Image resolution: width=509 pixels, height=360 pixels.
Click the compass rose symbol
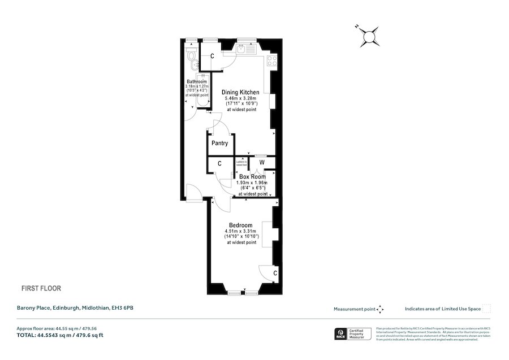pos(369,37)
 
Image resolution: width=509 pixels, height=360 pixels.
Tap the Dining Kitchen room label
pos(240,92)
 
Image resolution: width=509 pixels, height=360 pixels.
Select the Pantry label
pos(219,144)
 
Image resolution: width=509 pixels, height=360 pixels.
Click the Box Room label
pos(252,177)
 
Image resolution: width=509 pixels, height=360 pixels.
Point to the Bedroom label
pos(240,225)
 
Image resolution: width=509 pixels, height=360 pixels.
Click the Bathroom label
pos(196,82)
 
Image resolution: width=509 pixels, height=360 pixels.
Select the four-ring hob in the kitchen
pos(272,59)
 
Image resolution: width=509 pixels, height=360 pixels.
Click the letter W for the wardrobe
pos(261,163)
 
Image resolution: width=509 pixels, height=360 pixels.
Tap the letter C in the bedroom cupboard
pos(275,274)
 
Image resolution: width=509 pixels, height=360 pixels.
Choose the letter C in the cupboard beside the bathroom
pos(212,56)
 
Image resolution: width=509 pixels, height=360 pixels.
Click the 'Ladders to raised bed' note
pos(241,163)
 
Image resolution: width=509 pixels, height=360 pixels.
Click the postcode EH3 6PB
pos(124,308)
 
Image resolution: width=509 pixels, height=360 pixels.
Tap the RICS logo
pos(341,334)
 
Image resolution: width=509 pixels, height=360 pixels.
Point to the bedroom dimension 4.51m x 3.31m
pos(240,231)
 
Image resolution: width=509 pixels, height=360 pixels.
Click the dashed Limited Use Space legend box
pos(486,309)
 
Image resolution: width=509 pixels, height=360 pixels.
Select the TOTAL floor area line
pos(59,335)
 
